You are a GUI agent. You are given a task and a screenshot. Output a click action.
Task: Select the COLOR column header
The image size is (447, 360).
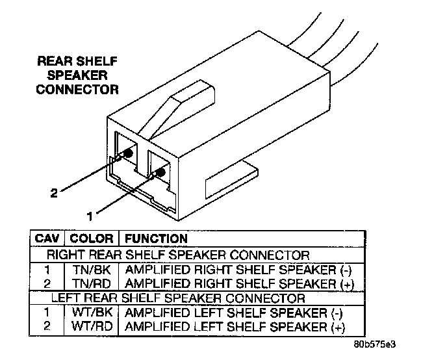click(x=92, y=238)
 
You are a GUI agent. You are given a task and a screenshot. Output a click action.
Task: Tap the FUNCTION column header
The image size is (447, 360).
click(x=155, y=238)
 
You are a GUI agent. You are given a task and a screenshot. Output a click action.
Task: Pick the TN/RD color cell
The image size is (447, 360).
click(x=92, y=283)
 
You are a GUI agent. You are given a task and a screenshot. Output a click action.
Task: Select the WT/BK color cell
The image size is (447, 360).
click(x=92, y=313)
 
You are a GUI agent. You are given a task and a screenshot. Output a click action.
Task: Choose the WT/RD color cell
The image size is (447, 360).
click(x=92, y=327)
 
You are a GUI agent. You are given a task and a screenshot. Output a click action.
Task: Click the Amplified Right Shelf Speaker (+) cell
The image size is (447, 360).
click(x=230, y=283)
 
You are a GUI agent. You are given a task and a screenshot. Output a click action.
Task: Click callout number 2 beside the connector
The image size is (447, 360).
click(x=55, y=192)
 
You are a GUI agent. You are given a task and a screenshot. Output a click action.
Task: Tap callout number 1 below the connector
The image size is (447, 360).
click(x=91, y=211)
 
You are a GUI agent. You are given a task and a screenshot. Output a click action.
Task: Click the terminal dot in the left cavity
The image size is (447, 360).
click(x=128, y=153)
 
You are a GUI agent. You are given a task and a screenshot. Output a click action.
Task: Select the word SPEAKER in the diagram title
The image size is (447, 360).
click(x=77, y=75)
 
